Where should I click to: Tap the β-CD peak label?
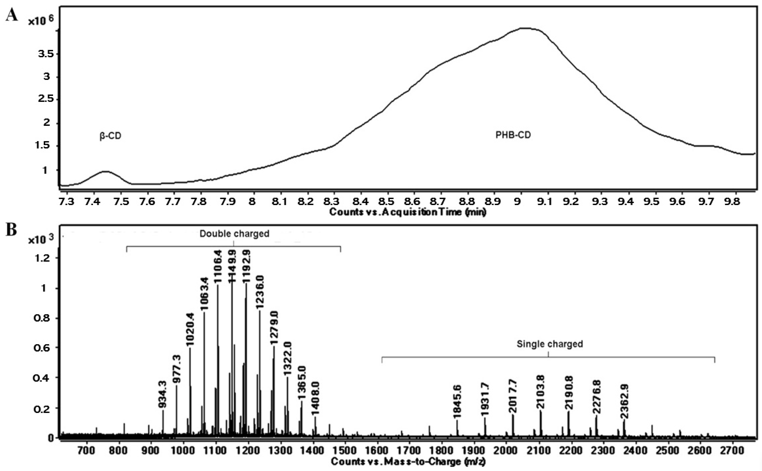[110, 136]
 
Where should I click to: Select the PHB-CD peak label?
[513, 135]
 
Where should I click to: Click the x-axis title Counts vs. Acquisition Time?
[408, 212]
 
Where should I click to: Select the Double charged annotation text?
[234, 234]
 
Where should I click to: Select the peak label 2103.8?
[541, 393]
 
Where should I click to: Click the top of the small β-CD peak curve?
[106, 171]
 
